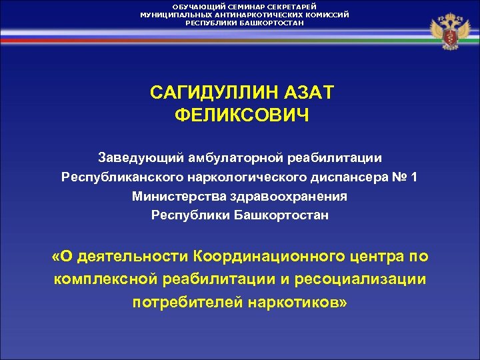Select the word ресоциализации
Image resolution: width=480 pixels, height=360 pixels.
pyautogui.click(x=360, y=279)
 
